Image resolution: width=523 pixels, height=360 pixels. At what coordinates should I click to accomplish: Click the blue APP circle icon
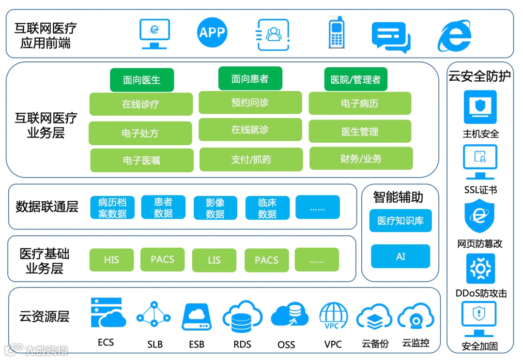tap(212, 32)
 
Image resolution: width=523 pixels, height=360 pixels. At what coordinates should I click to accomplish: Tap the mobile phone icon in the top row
tap(337, 32)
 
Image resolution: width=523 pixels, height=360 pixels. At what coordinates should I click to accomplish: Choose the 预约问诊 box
tap(250, 103)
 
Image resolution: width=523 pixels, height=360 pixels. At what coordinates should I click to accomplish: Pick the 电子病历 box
tap(360, 104)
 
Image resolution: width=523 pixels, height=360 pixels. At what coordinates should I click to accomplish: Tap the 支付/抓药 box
tap(251, 160)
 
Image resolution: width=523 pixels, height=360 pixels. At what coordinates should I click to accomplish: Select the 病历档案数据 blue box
tap(112, 208)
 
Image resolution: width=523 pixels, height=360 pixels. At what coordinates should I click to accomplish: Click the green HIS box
tap(111, 260)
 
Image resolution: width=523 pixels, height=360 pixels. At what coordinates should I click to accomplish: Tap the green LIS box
tap(214, 260)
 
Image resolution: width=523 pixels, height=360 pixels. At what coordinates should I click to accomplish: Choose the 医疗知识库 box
tap(400, 221)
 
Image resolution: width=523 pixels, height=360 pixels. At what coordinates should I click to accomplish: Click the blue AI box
tap(400, 256)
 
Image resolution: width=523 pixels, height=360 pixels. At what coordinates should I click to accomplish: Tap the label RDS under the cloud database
tap(242, 345)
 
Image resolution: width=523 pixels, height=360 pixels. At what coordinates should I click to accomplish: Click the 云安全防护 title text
tap(479, 76)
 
